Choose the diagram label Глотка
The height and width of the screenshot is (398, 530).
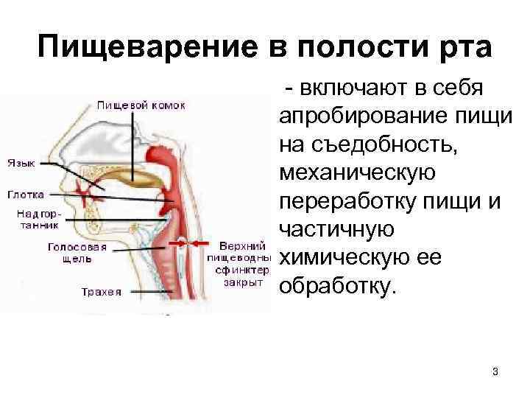tap(25, 195)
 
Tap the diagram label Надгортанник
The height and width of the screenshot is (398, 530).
tap(37, 219)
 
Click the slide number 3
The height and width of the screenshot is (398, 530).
tap(495, 371)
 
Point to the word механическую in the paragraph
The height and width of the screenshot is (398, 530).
tap(358, 174)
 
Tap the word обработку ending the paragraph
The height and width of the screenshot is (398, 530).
tap(338, 284)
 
